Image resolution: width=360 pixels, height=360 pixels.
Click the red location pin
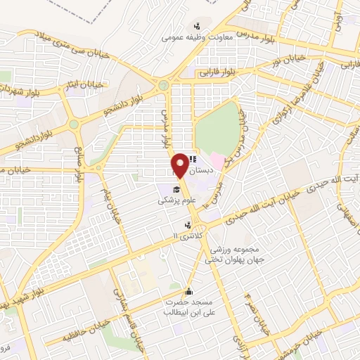[181, 165]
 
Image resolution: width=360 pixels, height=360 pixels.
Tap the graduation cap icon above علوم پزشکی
[177, 188]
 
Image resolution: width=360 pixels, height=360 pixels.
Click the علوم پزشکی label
[172, 200]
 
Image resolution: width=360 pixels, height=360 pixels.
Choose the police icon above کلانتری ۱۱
[188, 226]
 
